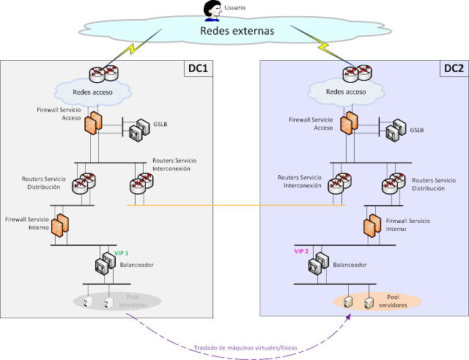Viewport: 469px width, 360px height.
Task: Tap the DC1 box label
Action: point(197,69)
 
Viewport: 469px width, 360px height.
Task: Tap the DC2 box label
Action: point(454,69)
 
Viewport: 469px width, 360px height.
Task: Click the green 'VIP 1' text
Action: point(121,253)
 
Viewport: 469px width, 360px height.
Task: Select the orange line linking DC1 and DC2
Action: point(234,206)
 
